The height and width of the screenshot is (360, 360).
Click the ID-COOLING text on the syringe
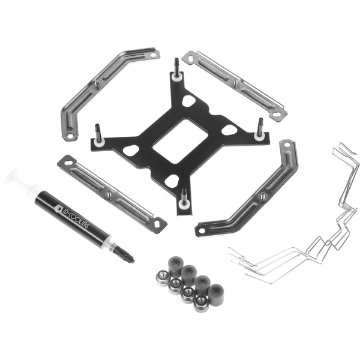[x=76, y=216]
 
